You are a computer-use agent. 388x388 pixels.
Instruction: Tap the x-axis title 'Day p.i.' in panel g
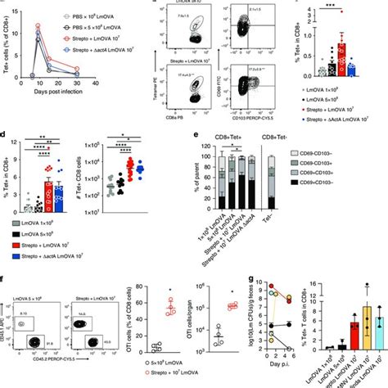(283, 359)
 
